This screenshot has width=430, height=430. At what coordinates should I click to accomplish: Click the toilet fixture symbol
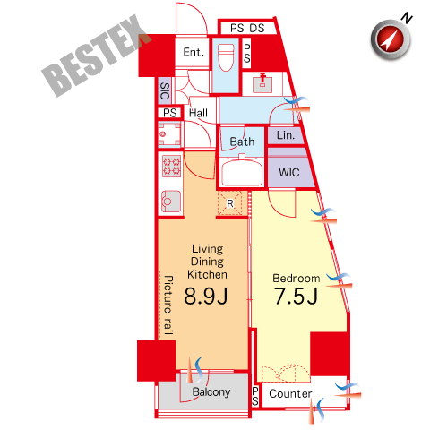[x=226, y=57]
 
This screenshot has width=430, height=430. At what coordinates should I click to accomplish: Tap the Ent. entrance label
[x=193, y=52]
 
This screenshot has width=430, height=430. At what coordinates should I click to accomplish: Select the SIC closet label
[x=165, y=90]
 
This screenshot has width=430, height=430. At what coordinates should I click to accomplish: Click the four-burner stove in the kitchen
[x=171, y=166]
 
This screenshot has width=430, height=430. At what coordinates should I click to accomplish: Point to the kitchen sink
[x=171, y=202]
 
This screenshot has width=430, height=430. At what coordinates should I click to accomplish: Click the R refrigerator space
[x=229, y=203]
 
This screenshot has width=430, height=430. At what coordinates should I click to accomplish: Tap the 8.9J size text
[x=206, y=296]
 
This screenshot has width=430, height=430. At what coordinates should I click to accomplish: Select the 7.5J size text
[x=296, y=296]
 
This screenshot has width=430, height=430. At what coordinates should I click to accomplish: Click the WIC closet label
[x=289, y=172]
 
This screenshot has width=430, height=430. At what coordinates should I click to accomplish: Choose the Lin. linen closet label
[x=286, y=135]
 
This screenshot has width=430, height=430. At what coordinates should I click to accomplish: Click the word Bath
[x=242, y=142]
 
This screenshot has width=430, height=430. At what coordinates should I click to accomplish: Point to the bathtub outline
[x=242, y=172]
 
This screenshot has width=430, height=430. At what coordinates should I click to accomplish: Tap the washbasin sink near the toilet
[x=262, y=83]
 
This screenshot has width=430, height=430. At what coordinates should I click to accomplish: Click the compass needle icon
[x=391, y=39]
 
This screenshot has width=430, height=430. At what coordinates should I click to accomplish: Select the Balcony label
[x=211, y=391]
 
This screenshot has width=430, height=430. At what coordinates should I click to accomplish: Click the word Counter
[x=290, y=393]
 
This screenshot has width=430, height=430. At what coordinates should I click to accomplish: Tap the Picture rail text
[x=168, y=305]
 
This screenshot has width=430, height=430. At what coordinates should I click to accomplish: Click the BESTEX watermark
[x=97, y=56]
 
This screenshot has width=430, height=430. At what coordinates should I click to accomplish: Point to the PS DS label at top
[x=247, y=28]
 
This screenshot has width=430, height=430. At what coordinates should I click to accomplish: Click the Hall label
[x=198, y=113]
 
